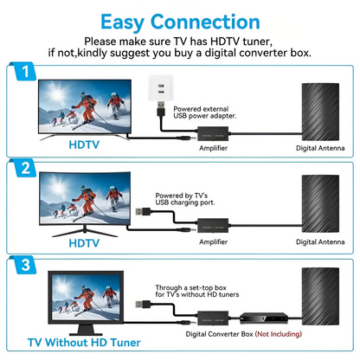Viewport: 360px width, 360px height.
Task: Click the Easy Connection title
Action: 179,22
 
